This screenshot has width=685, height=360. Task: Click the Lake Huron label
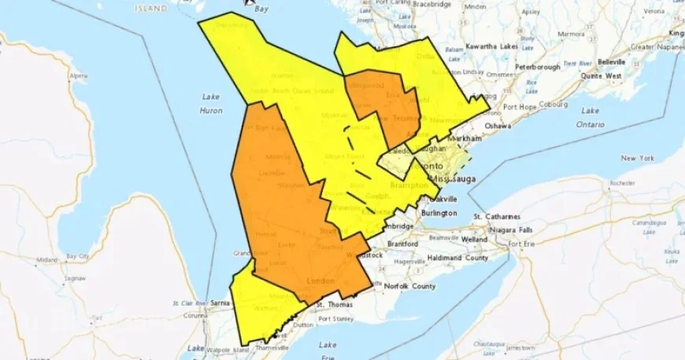tap(210, 103)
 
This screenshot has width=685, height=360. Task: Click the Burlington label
tap(438, 213)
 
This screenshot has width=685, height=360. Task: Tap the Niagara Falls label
tap(509, 229)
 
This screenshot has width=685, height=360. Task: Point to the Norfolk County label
tap(409, 286)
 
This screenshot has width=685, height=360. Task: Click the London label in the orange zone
tap(324, 281)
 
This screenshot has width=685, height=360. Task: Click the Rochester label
tap(621, 183)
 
